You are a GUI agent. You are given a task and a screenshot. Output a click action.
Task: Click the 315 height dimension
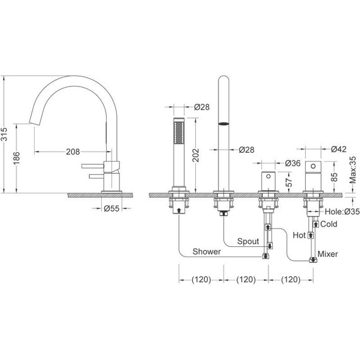pyautogui.click(x=4, y=134)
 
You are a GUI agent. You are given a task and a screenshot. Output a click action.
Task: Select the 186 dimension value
pyautogui.click(x=16, y=158)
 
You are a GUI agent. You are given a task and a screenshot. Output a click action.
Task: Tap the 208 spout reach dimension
pyautogui.click(x=73, y=152)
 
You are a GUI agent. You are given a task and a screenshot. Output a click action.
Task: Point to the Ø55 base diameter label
pyautogui.click(x=112, y=208)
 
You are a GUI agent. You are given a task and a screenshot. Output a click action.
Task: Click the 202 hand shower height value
pyautogui.click(x=195, y=155)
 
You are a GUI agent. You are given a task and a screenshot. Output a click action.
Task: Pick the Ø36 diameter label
pyautogui.click(x=292, y=163)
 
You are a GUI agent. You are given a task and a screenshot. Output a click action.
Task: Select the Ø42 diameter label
pyautogui.click(x=339, y=149)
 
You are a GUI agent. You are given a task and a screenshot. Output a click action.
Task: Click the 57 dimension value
pyautogui.click(x=289, y=183)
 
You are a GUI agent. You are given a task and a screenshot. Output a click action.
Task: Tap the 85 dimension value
pyautogui.click(x=334, y=177)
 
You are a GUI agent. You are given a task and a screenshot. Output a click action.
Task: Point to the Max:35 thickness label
pyautogui.click(x=353, y=170)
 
